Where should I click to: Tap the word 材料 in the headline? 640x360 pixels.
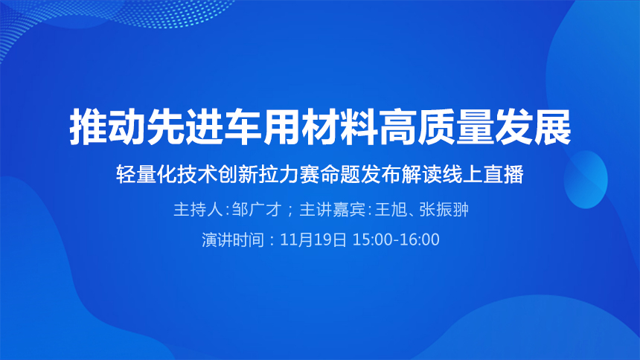340,126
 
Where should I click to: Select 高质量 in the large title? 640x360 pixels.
437,126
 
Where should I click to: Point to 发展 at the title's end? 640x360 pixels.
533,126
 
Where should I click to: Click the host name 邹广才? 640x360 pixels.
257,210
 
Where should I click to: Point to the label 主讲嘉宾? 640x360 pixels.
332,210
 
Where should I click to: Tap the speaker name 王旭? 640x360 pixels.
391,210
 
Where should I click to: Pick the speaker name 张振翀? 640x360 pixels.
444,210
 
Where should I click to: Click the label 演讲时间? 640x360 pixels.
234,240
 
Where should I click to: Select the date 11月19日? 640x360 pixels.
313,240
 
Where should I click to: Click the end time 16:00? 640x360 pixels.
420,240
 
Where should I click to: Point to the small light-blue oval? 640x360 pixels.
586,179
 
